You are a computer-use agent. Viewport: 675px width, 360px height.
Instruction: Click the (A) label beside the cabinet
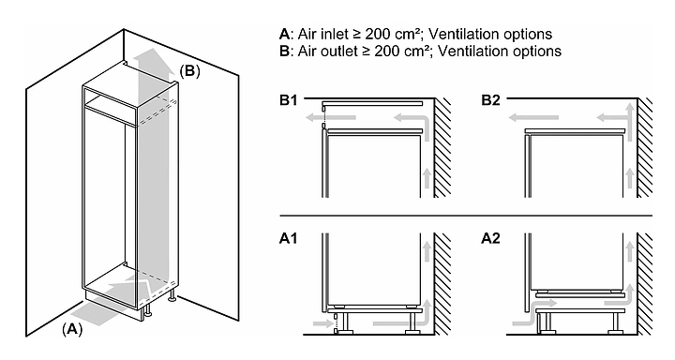point(72,329)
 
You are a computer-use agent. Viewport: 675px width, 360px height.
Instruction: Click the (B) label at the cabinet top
point(189,71)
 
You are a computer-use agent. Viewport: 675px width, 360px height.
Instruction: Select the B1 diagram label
point(289,100)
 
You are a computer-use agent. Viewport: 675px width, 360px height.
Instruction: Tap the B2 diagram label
point(490,100)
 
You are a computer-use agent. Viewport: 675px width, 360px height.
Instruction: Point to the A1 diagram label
point(289,238)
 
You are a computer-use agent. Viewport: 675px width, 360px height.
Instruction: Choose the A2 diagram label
point(490,238)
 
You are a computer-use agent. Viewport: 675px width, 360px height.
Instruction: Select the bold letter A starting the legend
point(285,34)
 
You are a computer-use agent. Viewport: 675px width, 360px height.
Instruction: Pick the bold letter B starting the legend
point(284,51)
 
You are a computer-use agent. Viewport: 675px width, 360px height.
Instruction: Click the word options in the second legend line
point(535,52)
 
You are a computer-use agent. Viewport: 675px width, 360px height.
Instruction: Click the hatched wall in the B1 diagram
point(442,148)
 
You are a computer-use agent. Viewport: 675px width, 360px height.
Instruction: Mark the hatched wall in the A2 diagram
point(644,284)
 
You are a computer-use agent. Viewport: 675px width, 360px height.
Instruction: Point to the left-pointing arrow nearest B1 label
point(331,117)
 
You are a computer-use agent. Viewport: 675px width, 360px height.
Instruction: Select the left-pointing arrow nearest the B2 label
point(533,117)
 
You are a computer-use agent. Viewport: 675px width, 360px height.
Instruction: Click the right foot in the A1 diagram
point(412,323)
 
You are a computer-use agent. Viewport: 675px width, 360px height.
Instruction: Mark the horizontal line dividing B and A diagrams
point(466,215)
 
